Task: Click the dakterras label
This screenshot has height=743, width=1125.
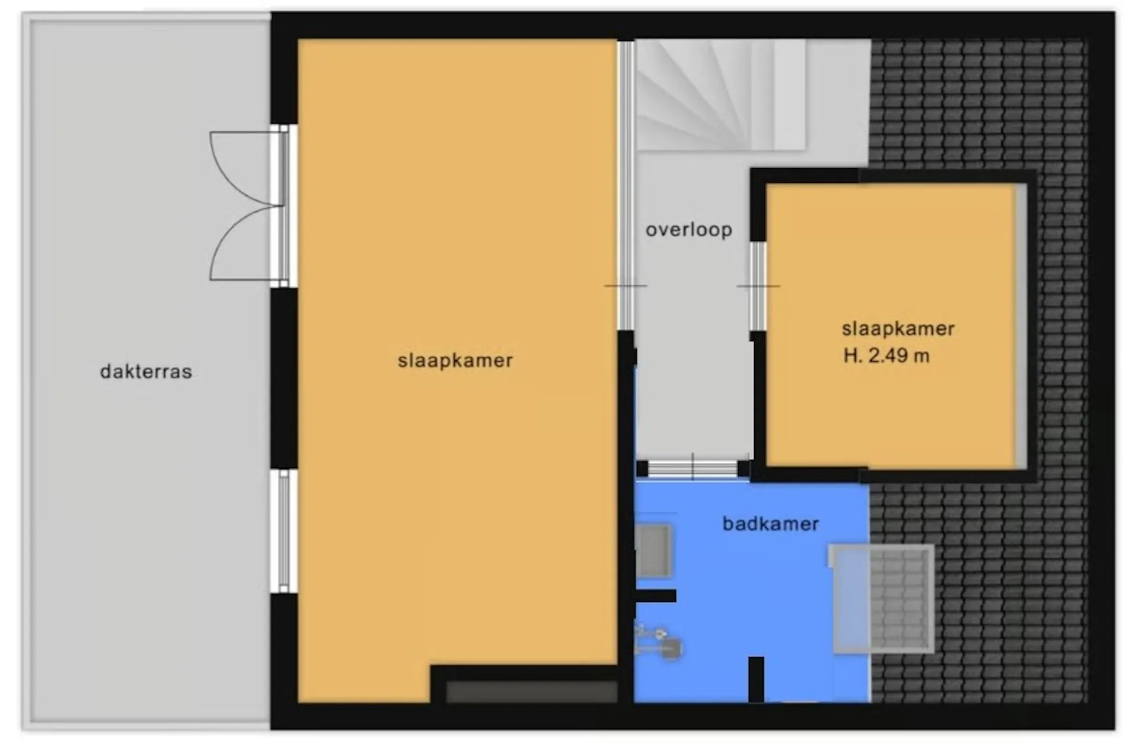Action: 146,372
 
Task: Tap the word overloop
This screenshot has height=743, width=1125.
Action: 689,230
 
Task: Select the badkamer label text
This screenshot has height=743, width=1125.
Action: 771,524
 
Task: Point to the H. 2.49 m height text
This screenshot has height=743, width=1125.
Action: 887,356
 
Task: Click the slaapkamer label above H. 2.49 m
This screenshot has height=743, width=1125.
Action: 898,329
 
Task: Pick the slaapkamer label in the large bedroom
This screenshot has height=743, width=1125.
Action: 455,361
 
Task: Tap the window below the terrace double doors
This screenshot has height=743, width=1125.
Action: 283,531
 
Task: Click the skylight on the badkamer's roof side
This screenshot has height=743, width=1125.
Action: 882,598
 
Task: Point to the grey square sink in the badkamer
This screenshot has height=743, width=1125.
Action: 654,551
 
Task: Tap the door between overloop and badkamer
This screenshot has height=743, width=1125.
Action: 693,469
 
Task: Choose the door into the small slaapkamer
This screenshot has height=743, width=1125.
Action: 759,286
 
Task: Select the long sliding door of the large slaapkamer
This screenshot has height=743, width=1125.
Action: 626,185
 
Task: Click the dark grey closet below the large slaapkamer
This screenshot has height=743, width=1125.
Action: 532,691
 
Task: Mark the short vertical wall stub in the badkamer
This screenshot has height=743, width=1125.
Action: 756,679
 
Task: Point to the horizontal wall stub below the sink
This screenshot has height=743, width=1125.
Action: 655,596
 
